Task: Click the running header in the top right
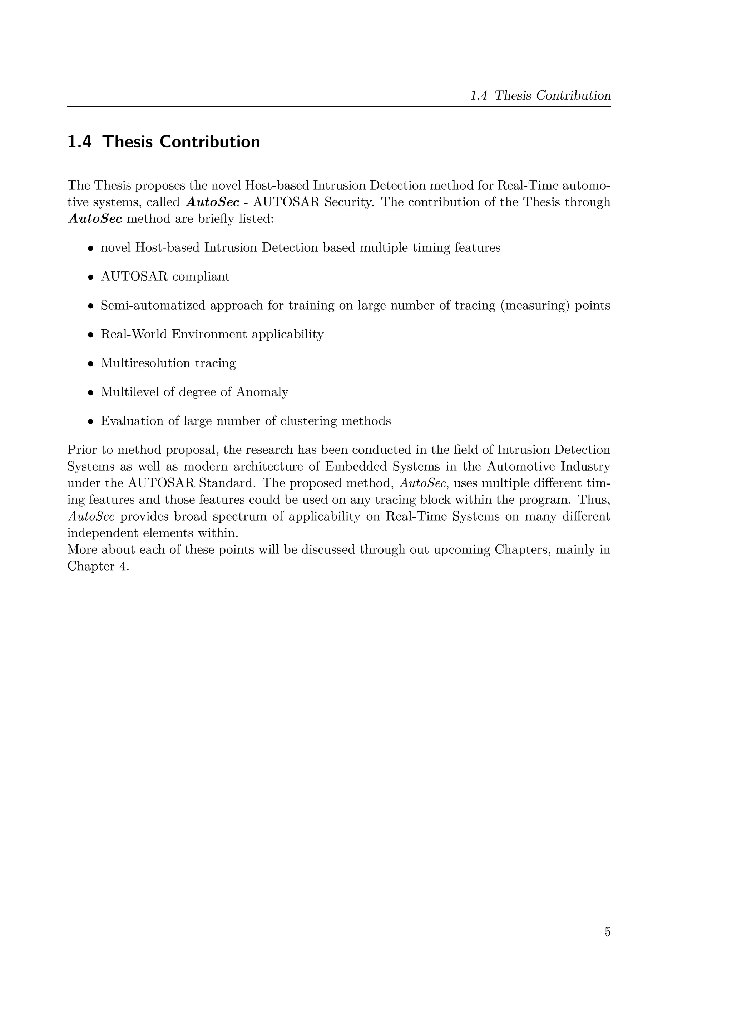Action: coord(540,95)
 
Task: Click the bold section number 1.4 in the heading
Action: coord(79,142)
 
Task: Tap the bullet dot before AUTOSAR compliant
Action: coord(90,277)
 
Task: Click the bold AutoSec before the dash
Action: coord(212,202)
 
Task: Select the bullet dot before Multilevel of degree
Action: coord(90,393)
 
